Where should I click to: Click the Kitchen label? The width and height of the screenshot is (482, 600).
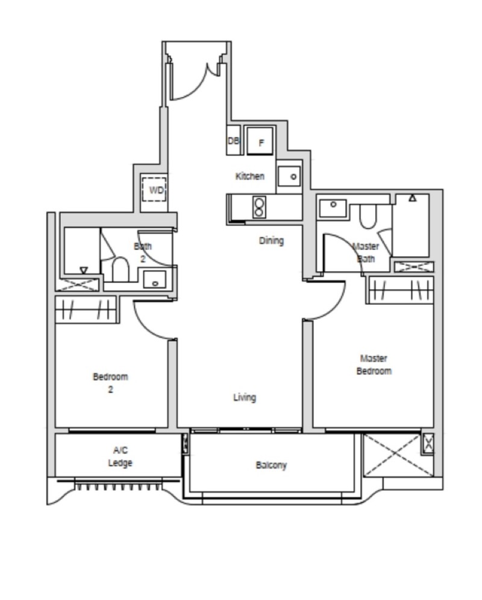click(x=250, y=176)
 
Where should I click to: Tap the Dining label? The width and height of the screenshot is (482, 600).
click(x=271, y=241)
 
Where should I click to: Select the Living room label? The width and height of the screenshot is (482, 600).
click(x=245, y=398)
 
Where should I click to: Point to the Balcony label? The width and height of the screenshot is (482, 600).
click(x=271, y=465)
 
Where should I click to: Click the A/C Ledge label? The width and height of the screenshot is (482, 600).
click(x=120, y=457)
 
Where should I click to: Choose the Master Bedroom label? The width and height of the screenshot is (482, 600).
click(x=374, y=365)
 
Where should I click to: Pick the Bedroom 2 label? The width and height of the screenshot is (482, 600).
click(x=110, y=383)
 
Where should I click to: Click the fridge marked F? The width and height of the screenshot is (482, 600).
click(x=260, y=140)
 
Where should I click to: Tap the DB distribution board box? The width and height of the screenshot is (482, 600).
click(x=233, y=140)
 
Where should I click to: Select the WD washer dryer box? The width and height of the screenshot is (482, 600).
click(x=154, y=190)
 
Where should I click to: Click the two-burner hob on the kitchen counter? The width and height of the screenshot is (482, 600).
click(x=259, y=208)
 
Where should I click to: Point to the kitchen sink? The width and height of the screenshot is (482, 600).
click(x=289, y=176)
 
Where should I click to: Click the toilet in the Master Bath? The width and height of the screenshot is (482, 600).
click(x=368, y=216)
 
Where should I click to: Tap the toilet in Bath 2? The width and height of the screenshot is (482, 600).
click(x=120, y=270)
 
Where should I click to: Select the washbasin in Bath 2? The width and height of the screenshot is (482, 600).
click(x=155, y=279)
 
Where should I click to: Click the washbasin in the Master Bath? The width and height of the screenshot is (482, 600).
click(x=333, y=208)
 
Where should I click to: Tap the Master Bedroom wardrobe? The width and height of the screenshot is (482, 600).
click(x=401, y=289)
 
